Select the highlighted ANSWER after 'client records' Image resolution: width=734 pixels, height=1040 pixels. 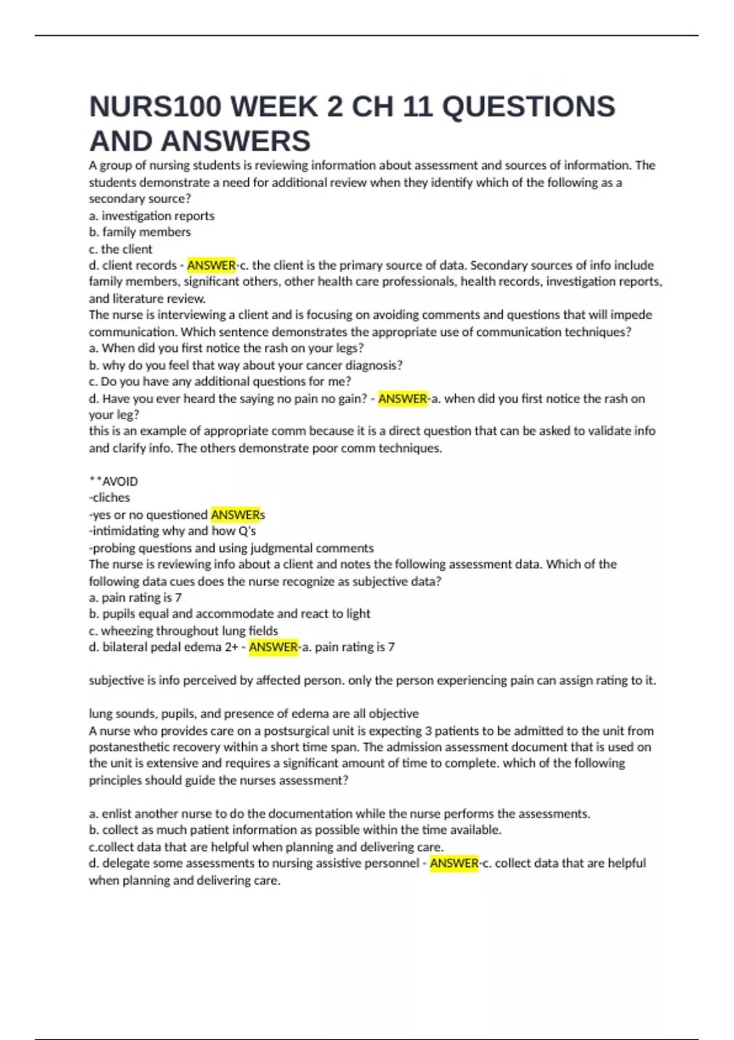[x=211, y=266]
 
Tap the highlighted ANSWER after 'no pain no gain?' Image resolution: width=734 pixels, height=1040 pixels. [x=402, y=399]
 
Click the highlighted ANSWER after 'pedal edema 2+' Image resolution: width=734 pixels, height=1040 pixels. [x=273, y=647]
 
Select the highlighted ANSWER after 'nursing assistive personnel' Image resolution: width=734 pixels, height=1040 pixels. [x=454, y=863]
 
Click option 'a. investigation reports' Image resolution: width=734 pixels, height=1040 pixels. [x=152, y=216]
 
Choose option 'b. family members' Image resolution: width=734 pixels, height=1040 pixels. [x=140, y=232]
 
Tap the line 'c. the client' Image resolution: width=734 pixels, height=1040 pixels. [x=120, y=249]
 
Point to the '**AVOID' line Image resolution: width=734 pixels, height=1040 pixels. [x=114, y=481]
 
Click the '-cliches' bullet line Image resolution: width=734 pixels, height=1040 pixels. [x=109, y=498]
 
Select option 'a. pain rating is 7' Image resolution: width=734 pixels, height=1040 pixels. [x=135, y=598]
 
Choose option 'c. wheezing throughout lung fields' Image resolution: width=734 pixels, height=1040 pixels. [x=183, y=631]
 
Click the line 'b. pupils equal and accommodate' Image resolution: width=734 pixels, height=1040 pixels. [x=229, y=614]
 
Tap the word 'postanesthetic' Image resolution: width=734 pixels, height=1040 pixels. [x=127, y=747]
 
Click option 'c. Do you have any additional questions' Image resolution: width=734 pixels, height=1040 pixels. [x=220, y=382]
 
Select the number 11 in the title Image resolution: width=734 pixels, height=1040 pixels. [x=415, y=106]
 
